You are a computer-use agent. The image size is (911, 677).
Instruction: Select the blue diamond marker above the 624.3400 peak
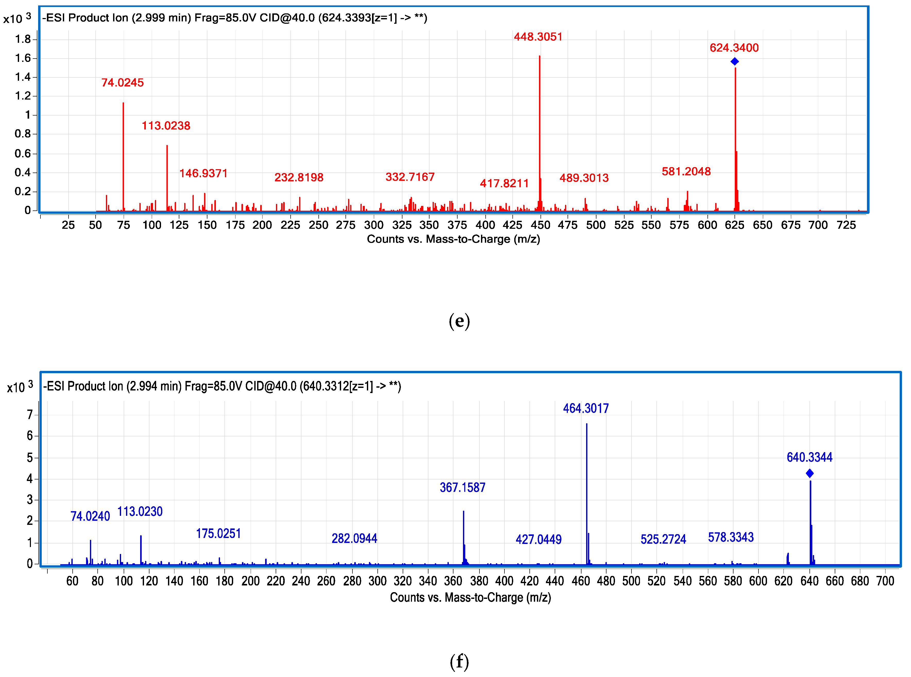pos(735,61)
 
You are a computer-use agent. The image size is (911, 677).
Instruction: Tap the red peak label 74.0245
pos(122,83)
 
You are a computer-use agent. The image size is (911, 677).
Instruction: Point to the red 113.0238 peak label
pos(166,126)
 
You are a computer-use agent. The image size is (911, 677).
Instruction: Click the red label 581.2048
pos(686,172)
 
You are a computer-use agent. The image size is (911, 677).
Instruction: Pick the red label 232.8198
pos(299,177)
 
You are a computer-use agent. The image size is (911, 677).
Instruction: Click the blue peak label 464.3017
pos(586,409)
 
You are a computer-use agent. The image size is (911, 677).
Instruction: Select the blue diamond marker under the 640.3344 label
pos(809,473)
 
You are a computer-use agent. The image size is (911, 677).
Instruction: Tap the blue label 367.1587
pos(462,488)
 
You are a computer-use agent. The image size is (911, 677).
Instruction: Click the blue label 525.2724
pos(663,539)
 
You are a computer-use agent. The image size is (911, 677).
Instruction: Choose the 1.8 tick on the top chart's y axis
pos(23,39)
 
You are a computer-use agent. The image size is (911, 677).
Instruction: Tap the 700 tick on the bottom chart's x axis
pos(885,581)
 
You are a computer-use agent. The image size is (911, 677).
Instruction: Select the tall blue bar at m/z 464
pos(586,492)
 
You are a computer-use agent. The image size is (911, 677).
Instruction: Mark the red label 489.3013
pos(584,178)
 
